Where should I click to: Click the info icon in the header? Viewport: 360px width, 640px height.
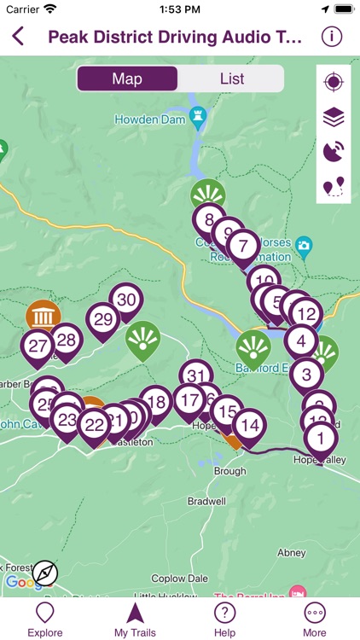[x=331, y=37]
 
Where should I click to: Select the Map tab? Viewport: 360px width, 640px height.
[x=127, y=79]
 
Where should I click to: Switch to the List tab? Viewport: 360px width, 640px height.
[x=231, y=79]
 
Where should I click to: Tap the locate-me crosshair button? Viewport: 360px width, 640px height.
[x=333, y=82]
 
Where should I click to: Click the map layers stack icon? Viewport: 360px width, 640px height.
[x=333, y=117]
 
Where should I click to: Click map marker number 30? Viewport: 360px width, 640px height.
[x=126, y=300]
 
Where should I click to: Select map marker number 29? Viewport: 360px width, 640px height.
[x=103, y=320]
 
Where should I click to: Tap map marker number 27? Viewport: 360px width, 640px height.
[x=38, y=346]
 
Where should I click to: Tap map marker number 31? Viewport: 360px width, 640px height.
[x=196, y=375]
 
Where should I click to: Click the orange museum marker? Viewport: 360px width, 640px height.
[x=43, y=314]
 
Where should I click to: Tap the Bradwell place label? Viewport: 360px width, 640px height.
[x=206, y=501]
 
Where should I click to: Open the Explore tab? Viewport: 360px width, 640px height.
[x=45, y=619]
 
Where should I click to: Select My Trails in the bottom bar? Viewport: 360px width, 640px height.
[x=135, y=619]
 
